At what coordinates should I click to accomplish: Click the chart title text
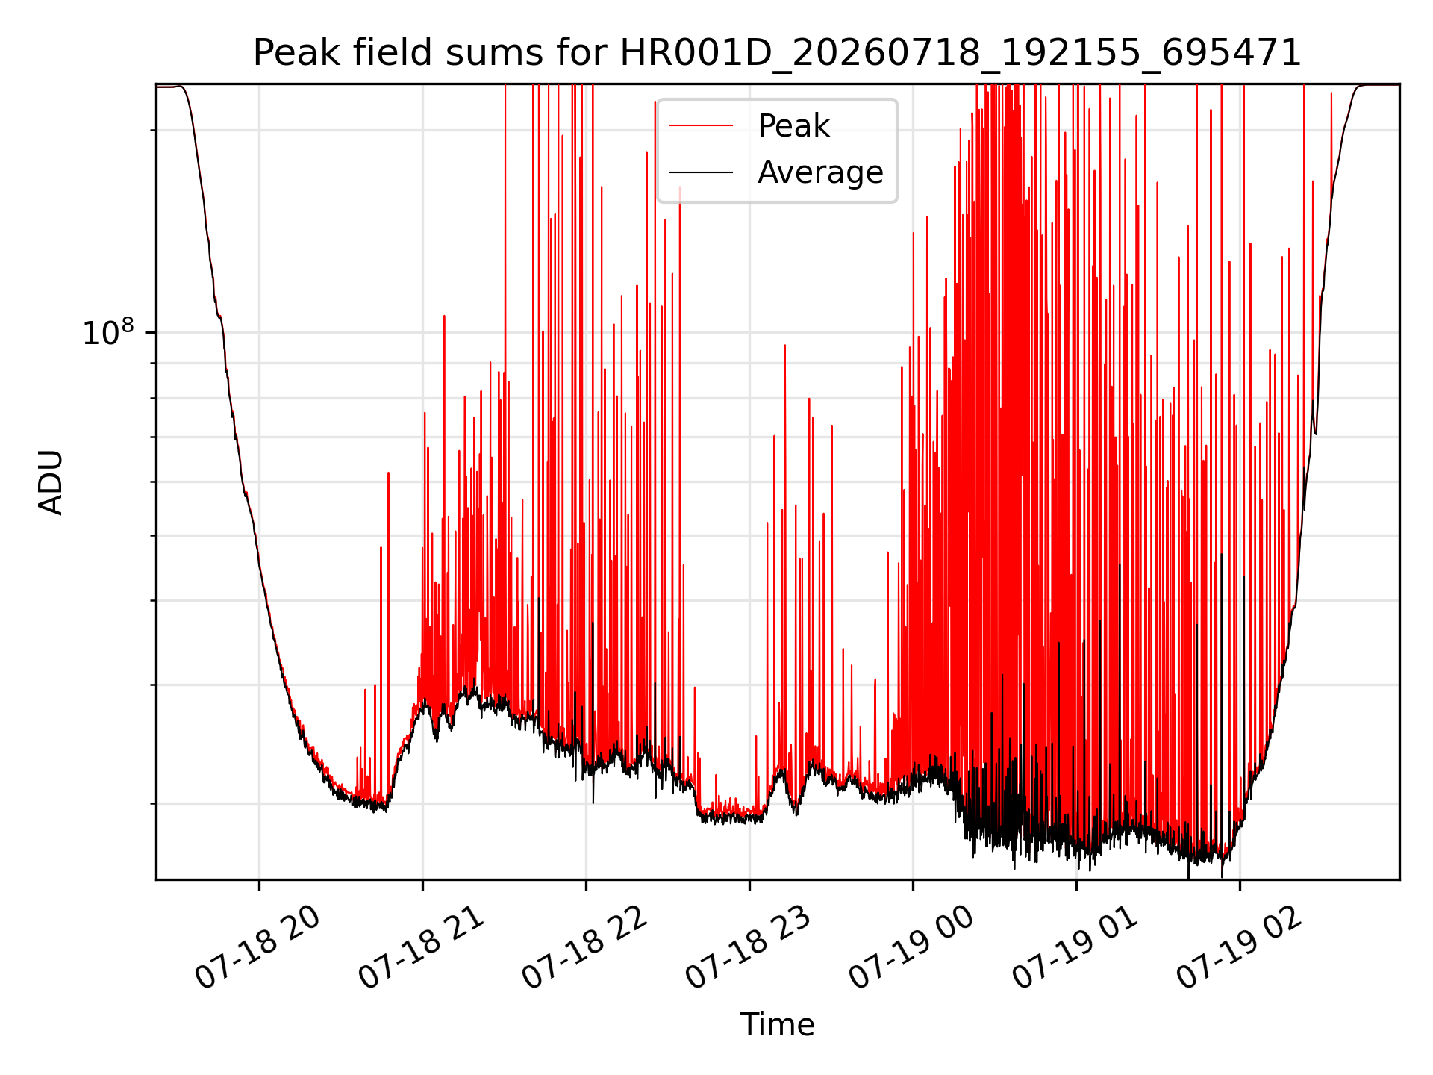[777, 53]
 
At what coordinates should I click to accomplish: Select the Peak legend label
[793, 126]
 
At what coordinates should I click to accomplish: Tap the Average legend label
[820, 172]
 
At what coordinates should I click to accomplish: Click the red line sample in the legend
[701, 126]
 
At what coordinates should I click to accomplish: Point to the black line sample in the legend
[701, 173]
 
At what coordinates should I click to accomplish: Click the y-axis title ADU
[51, 482]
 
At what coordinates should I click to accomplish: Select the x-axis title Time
[777, 1024]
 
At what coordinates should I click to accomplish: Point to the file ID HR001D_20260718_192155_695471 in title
[961, 54]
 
